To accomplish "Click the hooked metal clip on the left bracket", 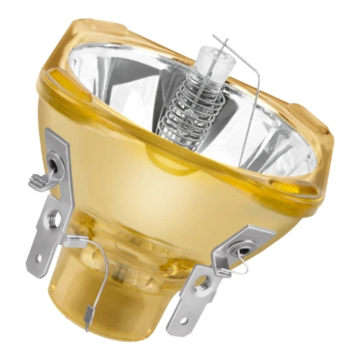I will click(x=39, y=180).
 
